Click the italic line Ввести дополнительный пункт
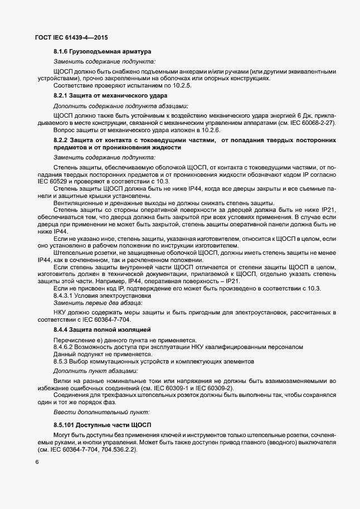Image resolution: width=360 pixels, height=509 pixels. (x=101, y=411)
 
